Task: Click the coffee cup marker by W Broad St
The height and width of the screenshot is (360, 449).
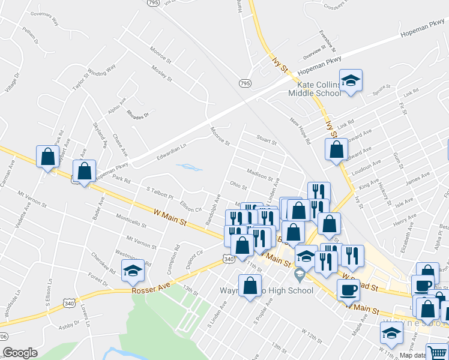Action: [348, 290]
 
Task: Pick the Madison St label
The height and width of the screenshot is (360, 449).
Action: [260, 175]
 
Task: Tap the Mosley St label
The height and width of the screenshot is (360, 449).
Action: [161, 74]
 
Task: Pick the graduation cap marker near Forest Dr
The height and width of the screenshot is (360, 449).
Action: [133, 271]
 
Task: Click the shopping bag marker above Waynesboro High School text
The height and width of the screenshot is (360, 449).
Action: [250, 286]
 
